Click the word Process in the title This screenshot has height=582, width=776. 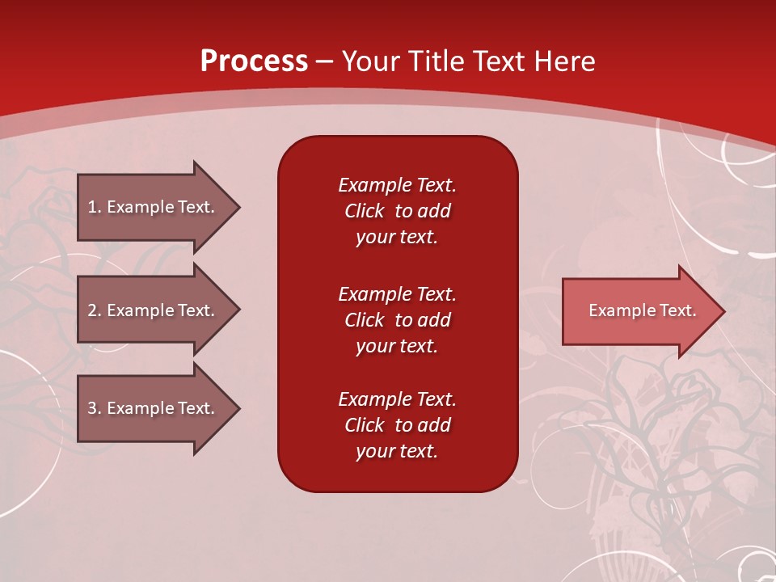click(254, 61)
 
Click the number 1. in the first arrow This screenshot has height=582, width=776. click(94, 207)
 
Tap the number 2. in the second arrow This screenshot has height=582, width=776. click(94, 310)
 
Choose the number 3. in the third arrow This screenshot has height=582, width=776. click(94, 408)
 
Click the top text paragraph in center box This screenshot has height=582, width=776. click(397, 211)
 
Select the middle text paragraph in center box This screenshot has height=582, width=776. click(397, 320)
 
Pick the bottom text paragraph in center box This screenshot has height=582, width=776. click(397, 425)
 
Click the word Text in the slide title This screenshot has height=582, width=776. click(497, 61)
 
